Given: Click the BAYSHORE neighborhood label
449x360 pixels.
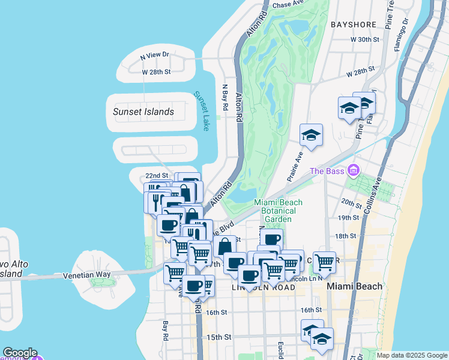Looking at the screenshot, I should (x=353, y=25).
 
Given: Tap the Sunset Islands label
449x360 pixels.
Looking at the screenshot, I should (x=143, y=112).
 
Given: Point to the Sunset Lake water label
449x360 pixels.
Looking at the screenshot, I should (x=200, y=111).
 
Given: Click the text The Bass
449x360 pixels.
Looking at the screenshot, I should (x=328, y=172).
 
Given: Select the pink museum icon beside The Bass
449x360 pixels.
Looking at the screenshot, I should (x=354, y=172).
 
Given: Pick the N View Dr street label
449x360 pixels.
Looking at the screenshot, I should (x=155, y=55).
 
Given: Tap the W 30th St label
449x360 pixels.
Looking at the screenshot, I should (x=366, y=40).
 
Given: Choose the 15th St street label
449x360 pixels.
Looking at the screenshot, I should (x=218, y=337).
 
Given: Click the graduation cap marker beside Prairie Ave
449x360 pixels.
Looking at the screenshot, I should (x=312, y=135).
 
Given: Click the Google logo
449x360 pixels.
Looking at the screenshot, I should (x=19, y=353).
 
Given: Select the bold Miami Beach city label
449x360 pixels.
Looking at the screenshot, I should (x=354, y=286).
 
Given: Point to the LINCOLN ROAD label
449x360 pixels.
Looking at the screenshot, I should (x=263, y=288).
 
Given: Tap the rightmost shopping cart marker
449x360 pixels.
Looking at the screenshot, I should (x=324, y=262).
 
